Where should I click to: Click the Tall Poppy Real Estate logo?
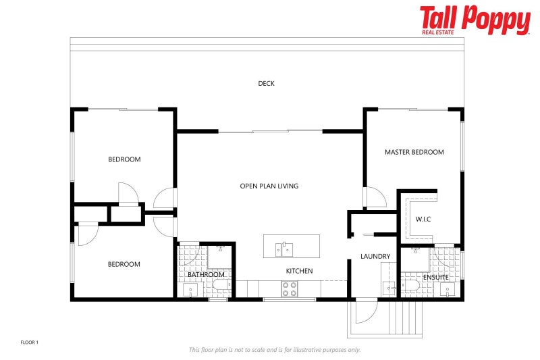point(475,20)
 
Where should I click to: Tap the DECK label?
point(266,84)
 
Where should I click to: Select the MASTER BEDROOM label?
point(414,152)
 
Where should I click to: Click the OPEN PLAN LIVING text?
point(269,186)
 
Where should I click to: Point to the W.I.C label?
point(423,218)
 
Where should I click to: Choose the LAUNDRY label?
point(375,256)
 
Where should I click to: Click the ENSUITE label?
point(435,277)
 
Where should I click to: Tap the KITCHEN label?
point(299,271)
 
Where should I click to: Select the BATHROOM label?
point(206,275)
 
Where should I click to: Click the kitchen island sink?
point(284,249)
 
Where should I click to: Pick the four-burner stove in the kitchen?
point(289,289)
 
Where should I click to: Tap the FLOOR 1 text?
point(29,342)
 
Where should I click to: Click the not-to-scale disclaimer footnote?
point(274,349)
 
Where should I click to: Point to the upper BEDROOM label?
point(124,159)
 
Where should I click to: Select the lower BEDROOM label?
point(124,264)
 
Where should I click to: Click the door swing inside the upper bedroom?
point(128,192)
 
